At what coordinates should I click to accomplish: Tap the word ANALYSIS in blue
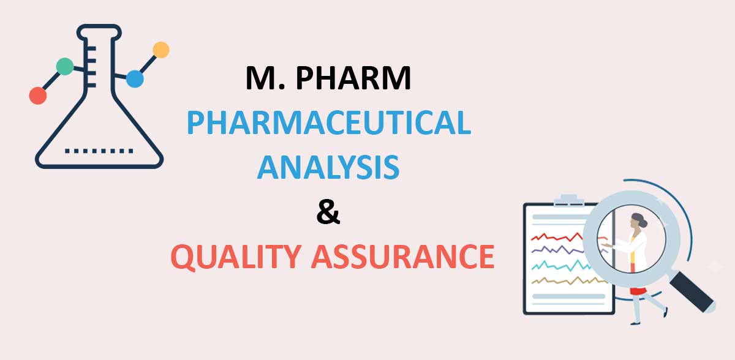328,167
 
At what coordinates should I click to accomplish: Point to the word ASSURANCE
402,257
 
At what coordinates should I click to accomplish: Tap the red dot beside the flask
38,96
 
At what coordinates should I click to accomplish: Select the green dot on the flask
64,66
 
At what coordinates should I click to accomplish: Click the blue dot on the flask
135,79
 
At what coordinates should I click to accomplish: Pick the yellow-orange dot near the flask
160,50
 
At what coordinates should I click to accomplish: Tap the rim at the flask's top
98,29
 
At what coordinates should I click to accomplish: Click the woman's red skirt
639,290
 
